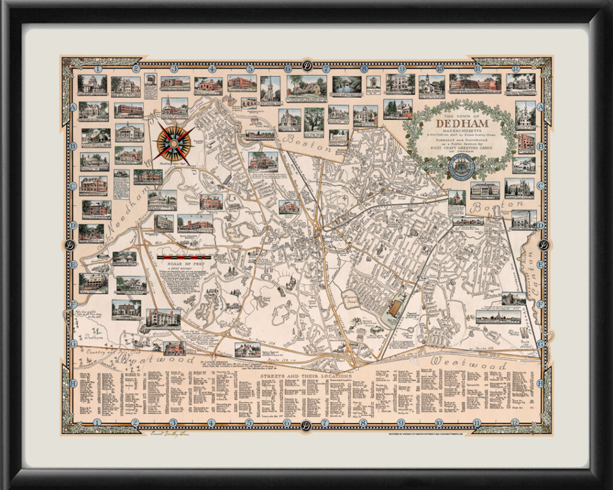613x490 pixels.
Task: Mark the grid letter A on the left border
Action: click(73, 106)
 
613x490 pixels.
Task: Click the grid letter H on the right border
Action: click(540, 382)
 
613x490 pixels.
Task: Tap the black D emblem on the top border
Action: click(306, 67)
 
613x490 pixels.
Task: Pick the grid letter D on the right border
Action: click(540, 225)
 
